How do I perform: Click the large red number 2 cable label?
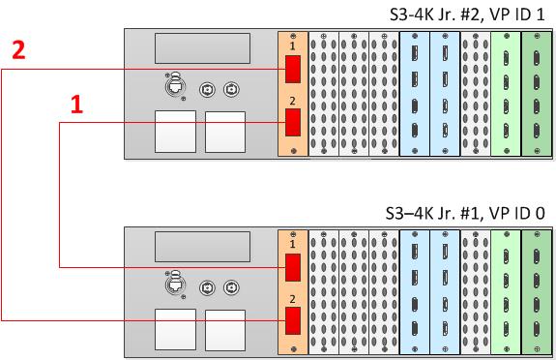click(18, 49)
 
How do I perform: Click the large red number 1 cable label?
click(77, 104)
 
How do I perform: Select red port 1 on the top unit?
click(293, 69)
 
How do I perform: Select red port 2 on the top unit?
click(293, 123)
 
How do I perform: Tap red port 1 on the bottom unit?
click(293, 267)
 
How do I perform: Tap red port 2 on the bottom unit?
click(293, 321)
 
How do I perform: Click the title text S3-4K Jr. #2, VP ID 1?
click(467, 15)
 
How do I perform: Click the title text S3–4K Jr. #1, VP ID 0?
click(465, 213)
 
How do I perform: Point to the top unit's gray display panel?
click(202, 48)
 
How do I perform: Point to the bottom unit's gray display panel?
click(202, 247)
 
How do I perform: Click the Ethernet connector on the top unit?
click(174, 86)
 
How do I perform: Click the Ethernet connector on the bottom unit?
click(174, 285)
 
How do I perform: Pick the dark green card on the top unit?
click(537, 94)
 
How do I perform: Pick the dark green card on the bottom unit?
click(537, 292)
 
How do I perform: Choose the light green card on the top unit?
click(506, 94)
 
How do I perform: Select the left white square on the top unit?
click(175, 132)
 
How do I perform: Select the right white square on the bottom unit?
click(225, 330)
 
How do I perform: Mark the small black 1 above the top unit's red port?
click(293, 45)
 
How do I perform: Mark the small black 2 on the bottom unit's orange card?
click(293, 299)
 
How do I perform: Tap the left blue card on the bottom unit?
click(415, 292)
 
